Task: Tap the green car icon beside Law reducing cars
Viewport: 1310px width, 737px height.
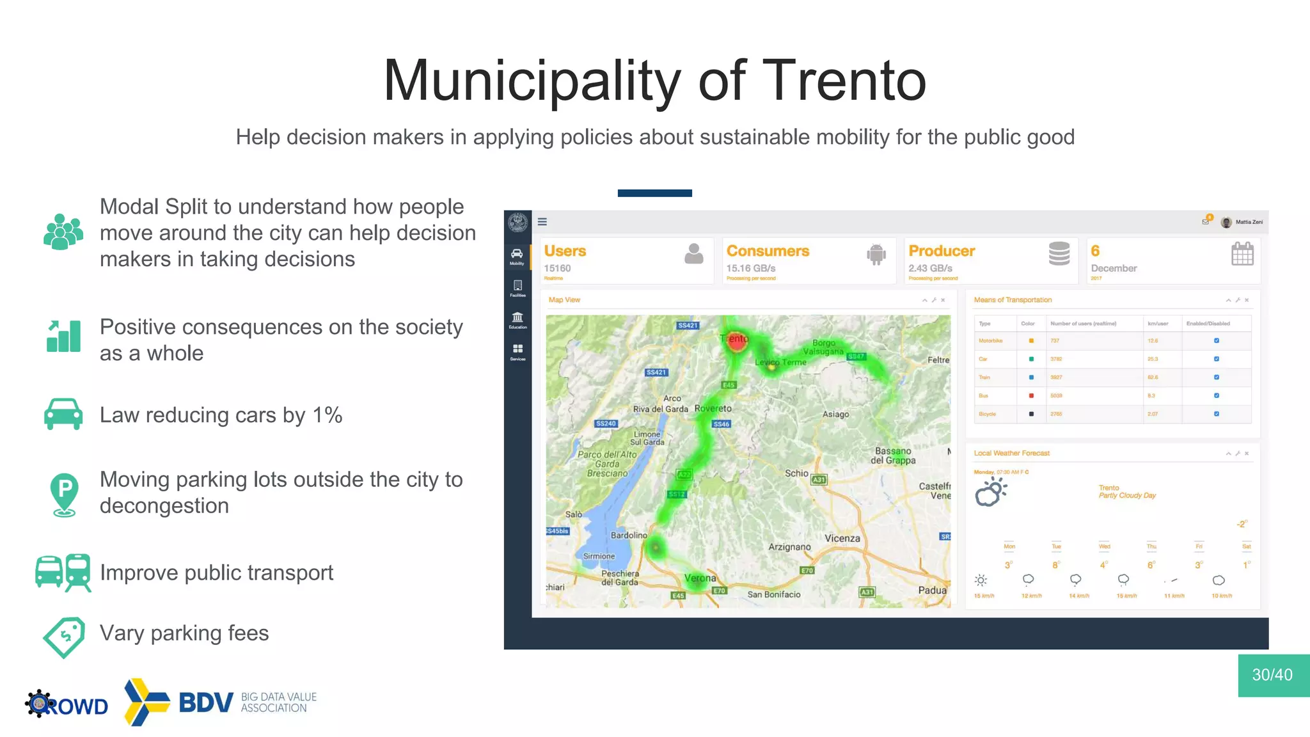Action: click(x=63, y=414)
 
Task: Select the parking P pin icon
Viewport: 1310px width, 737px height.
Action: click(x=64, y=493)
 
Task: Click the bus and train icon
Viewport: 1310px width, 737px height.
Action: click(x=63, y=572)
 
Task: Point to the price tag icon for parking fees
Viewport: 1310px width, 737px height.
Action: click(x=64, y=637)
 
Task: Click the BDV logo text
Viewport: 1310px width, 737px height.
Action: click(x=206, y=702)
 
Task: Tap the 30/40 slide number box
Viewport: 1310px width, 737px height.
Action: click(x=1273, y=675)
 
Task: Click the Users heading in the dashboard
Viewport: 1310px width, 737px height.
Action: click(x=565, y=251)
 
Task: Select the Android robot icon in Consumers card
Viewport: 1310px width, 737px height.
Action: click(x=876, y=254)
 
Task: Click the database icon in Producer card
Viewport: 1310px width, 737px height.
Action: click(x=1059, y=254)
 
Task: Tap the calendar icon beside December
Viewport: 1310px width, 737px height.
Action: click(x=1242, y=254)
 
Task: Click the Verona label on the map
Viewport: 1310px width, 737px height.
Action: click(x=700, y=578)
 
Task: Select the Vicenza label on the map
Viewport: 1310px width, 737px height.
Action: click(x=842, y=538)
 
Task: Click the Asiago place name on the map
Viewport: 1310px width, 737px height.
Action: click(x=835, y=414)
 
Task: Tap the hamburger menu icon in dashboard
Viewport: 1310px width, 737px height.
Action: click(x=542, y=222)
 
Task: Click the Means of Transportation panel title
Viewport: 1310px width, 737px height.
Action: click(x=1013, y=299)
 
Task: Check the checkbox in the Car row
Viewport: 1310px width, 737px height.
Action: click(x=1217, y=359)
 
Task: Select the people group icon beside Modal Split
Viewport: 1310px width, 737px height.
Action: click(x=63, y=232)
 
